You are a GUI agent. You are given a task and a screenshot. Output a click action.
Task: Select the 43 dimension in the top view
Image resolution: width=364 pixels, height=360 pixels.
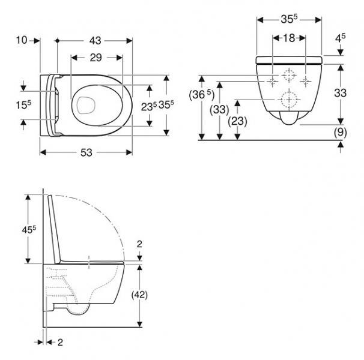(x=95, y=40)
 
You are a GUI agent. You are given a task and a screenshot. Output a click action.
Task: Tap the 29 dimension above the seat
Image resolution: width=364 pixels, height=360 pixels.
(x=96, y=58)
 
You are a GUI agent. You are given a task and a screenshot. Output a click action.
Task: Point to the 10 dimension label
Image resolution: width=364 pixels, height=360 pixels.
(x=23, y=40)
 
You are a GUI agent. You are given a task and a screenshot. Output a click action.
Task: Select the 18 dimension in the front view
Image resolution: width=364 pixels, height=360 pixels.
(x=290, y=38)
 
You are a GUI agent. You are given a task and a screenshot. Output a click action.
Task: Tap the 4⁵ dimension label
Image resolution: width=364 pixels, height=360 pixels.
(x=341, y=38)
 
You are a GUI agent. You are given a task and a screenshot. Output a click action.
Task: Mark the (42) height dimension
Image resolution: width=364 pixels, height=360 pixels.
(x=140, y=294)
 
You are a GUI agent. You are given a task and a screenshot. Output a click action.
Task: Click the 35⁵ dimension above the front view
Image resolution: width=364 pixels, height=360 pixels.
(x=290, y=19)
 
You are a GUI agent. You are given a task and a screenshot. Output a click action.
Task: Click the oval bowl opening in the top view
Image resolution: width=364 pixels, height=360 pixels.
(x=89, y=103)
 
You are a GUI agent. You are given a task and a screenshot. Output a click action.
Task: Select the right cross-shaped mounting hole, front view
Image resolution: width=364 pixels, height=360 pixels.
(x=307, y=80)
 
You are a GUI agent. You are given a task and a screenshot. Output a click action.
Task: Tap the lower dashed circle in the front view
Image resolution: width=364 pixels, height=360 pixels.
(x=290, y=99)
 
